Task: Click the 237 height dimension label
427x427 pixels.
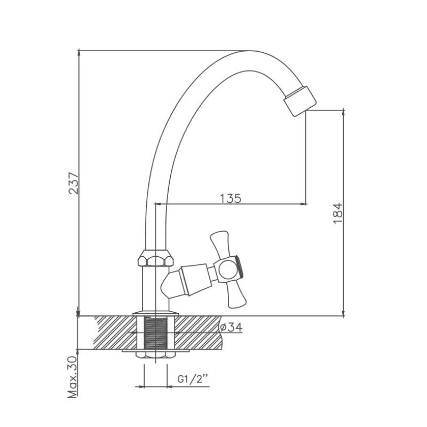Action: (74, 183)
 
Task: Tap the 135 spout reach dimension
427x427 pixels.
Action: (231, 198)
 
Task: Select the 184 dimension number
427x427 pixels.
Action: (338, 213)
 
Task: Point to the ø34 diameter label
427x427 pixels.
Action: (231, 327)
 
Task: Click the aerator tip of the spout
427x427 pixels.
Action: (300, 101)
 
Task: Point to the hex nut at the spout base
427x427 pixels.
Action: (155, 258)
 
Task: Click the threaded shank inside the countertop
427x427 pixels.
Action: (155, 333)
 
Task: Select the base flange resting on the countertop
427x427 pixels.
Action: (155, 313)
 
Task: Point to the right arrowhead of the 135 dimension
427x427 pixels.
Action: (304, 204)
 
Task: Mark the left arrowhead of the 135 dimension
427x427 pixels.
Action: (159, 204)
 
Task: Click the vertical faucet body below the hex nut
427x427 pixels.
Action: (155, 289)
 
